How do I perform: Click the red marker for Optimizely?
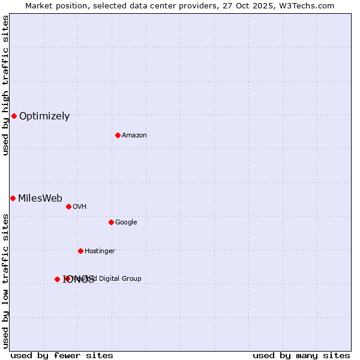click(x=14, y=116)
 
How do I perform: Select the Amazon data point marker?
click(x=118, y=135)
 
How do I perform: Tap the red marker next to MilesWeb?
click(x=13, y=198)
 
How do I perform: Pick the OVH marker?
click(x=68, y=206)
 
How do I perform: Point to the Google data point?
click(x=111, y=222)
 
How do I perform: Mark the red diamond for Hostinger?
click(x=80, y=251)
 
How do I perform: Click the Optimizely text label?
click(x=44, y=116)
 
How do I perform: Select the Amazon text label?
click(x=134, y=136)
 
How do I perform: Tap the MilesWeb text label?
click(x=40, y=199)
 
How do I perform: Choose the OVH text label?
click(x=80, y=207)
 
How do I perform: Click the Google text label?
click(x=126, y=223)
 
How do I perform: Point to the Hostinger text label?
click(x=100, y=251)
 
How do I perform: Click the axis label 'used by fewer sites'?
click(x=62, y=355)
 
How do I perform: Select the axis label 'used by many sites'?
click(x=301, y=355)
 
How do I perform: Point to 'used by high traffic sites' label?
click(x=5, y=85)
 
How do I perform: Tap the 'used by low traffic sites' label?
click(x=5, y=280)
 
